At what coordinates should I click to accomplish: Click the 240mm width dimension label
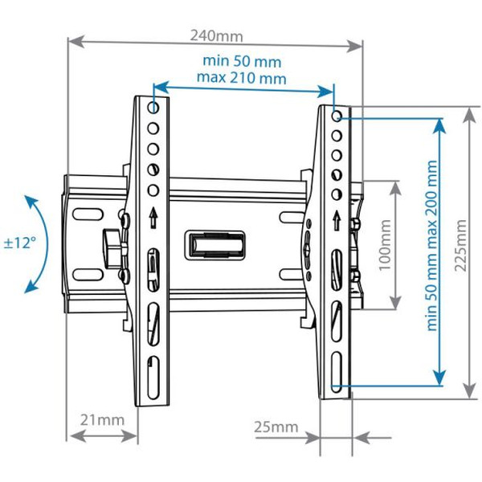pos(217,35)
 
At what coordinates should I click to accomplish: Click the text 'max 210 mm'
pos(241,78)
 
